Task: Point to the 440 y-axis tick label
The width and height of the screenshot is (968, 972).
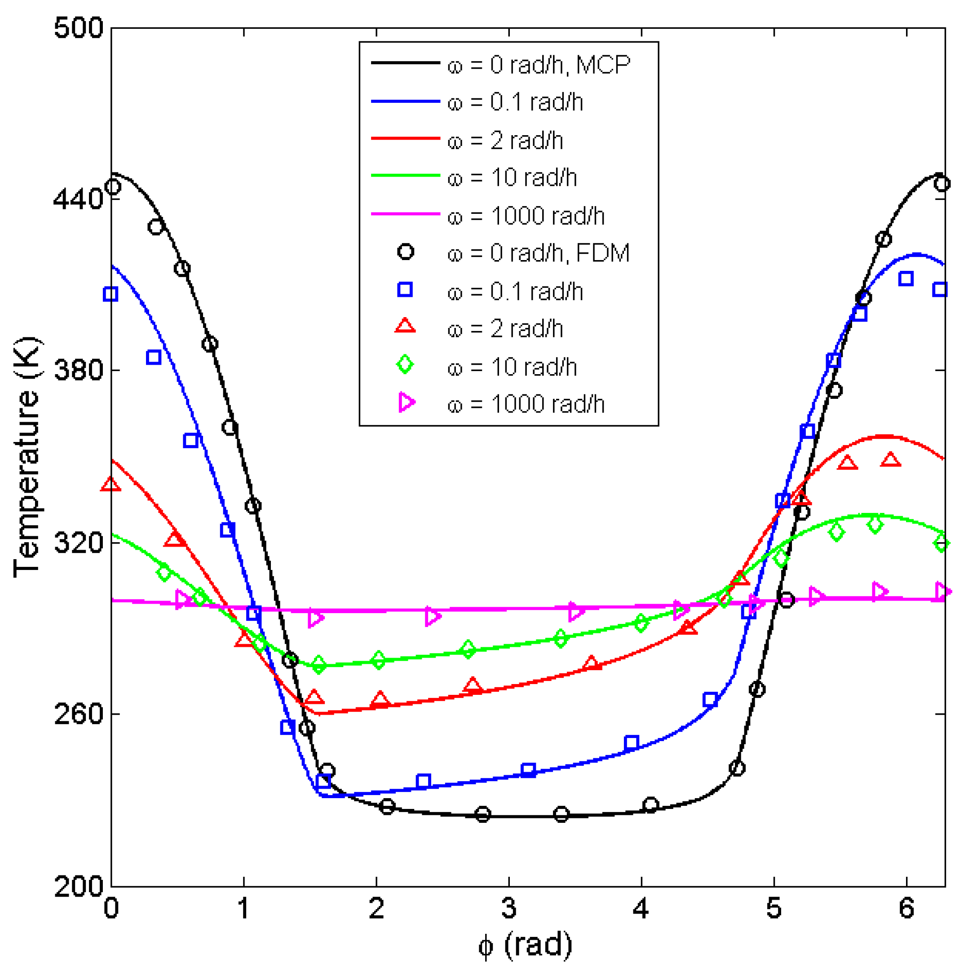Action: coord(78,199)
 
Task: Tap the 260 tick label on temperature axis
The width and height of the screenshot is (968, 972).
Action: coord(78,714)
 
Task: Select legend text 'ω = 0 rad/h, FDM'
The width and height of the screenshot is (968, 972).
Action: coord(538,253)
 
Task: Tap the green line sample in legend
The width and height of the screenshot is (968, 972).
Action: coord(406,176)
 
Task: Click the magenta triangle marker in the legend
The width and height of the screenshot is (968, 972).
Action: coord(407,402)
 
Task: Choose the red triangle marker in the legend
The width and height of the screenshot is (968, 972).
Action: coord(405,327)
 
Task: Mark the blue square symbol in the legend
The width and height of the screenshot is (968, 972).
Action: coord(405,290)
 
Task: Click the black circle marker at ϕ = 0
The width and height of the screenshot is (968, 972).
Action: coord(113,187)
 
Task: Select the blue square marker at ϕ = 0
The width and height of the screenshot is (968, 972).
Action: coord(111,294)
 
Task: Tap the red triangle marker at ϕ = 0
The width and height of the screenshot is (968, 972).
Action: coord(111,485)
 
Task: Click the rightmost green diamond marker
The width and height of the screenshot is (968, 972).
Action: coord(941,543)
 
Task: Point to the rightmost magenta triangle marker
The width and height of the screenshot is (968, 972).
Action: coord(942,592)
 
